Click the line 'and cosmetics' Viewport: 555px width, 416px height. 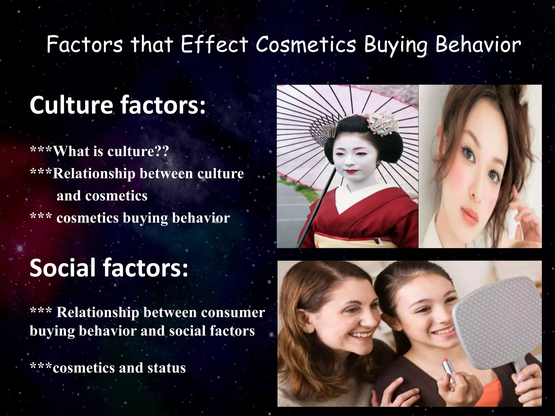pyautogui.click(x=102, y=196)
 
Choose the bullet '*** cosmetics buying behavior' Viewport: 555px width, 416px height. pyautogui.click(x=130, y=217)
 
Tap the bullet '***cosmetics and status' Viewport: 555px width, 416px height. pyautogui.click(x=108, y=368)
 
